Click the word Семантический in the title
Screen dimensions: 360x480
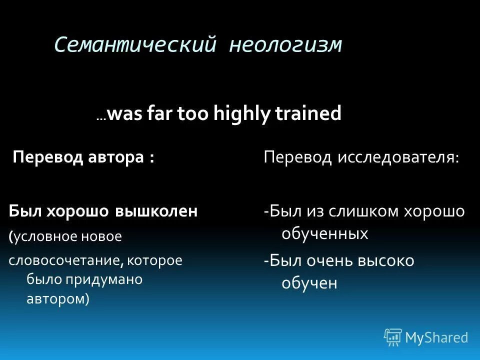135,44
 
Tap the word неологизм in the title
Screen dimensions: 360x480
285,44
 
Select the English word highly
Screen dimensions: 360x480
242,113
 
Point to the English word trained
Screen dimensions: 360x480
308,113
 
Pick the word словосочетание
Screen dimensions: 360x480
64,260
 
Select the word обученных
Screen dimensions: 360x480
325,233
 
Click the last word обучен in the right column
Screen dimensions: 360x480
309,283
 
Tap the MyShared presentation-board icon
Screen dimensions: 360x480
392,337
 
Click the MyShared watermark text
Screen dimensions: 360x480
436,337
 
